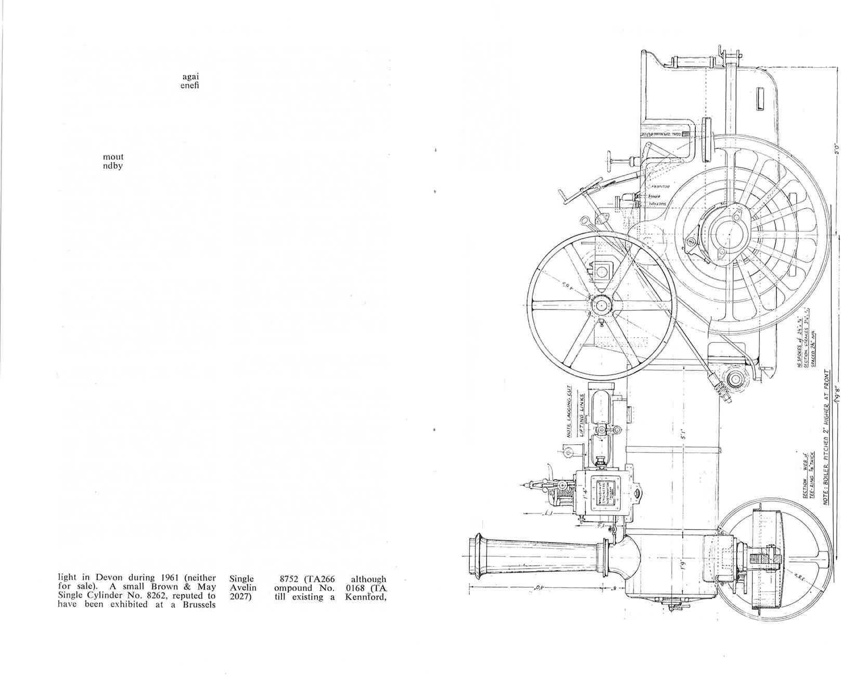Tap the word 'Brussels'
point(197,606)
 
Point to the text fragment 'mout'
point(113,157)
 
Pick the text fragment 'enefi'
point(189,85)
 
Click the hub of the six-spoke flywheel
point(602,305)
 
